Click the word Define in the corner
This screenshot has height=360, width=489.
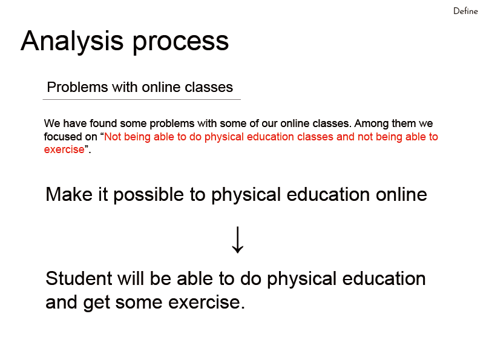pos(465,11)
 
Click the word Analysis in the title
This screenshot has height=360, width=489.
pos(72,42)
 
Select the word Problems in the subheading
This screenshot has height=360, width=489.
pos(77,87)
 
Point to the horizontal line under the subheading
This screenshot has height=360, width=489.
pos(142,99)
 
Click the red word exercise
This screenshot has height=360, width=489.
pos(64,149)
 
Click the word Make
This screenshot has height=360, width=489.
pos(69,194)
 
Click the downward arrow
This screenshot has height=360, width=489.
pos(238,240)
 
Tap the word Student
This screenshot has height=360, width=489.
pos(79,278)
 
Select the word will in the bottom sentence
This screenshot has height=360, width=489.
pos(131,278)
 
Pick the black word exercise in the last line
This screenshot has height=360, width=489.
pos(206,303)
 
